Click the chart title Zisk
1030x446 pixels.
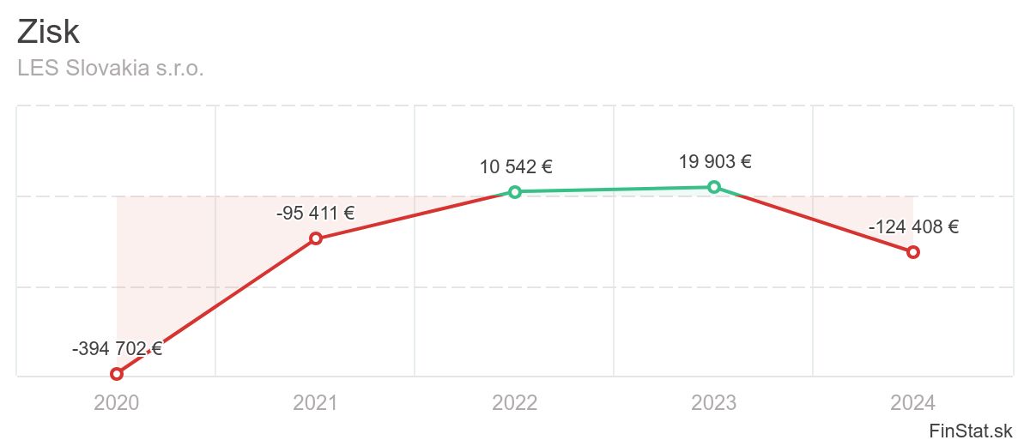point(49,33)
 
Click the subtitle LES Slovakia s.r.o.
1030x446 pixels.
point(111,68)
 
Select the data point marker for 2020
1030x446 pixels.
point(117,374)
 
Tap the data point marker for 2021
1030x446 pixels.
point(316,238)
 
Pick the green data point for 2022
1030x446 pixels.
point(515,191)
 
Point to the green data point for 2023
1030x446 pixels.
point(714,187)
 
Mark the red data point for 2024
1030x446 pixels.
point(913,251)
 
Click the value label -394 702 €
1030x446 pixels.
point(117,348)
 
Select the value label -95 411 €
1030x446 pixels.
point(316,213)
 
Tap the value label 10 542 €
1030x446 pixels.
point(515,166)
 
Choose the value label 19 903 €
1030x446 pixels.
point(714,161)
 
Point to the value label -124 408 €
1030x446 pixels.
point(913,227)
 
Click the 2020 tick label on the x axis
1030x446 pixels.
point(117,402)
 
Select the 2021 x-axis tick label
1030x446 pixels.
point(316,402)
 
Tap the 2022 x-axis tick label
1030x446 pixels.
point(515,402)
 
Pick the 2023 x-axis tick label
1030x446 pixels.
point(714,402)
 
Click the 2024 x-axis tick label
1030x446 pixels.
point(913,402)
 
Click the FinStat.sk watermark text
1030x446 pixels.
point(971,430)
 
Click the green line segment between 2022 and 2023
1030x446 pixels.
point(615,189)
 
